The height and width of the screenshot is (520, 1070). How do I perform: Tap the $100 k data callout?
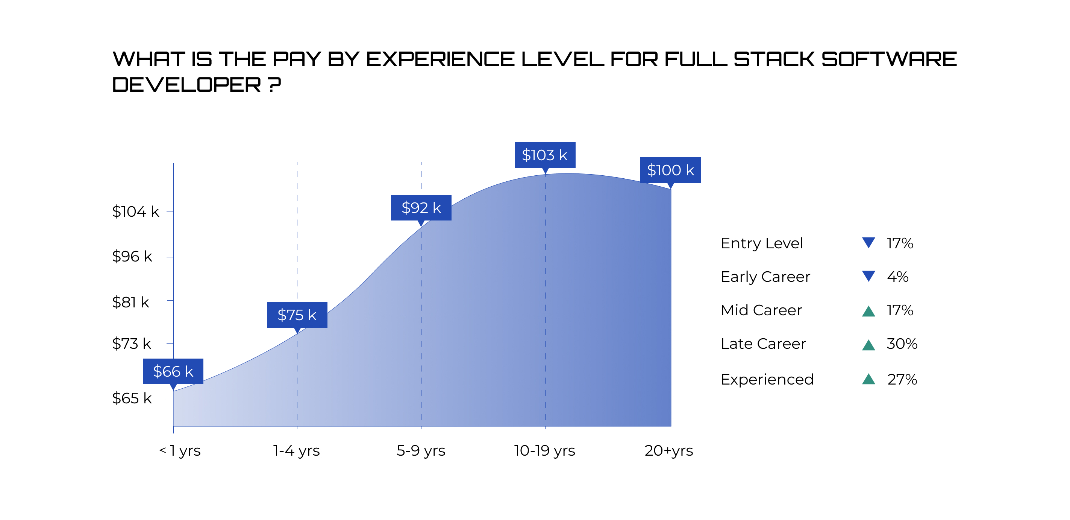[670, 170]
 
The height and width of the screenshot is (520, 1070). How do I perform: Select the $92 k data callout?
[421, 207]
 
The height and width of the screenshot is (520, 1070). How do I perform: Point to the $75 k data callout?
[297, 315]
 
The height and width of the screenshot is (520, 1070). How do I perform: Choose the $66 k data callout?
[173, 371]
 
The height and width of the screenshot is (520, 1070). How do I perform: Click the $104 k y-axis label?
[135, 211]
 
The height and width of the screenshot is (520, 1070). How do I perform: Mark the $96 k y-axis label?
[132, 257]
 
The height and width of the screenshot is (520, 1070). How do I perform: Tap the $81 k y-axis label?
[130, 302]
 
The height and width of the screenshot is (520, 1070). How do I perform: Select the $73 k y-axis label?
[131, 344]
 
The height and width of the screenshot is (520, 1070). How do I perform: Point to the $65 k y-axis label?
[132, 398]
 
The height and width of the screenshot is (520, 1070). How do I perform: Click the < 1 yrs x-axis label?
[180, 451]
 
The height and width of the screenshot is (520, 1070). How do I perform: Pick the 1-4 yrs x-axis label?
[296, 451]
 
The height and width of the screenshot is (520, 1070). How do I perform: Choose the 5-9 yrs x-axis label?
[421, 451]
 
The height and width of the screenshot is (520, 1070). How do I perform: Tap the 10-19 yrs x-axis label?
[544, 451]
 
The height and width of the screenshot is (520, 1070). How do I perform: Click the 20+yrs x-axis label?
[668, 451]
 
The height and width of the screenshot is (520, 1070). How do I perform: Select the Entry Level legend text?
[761, 243]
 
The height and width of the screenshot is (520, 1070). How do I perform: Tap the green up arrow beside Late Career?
[868, 345]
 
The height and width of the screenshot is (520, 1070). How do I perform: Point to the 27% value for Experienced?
[902, 380]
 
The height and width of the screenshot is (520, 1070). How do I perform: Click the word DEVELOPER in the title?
[186, 85]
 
